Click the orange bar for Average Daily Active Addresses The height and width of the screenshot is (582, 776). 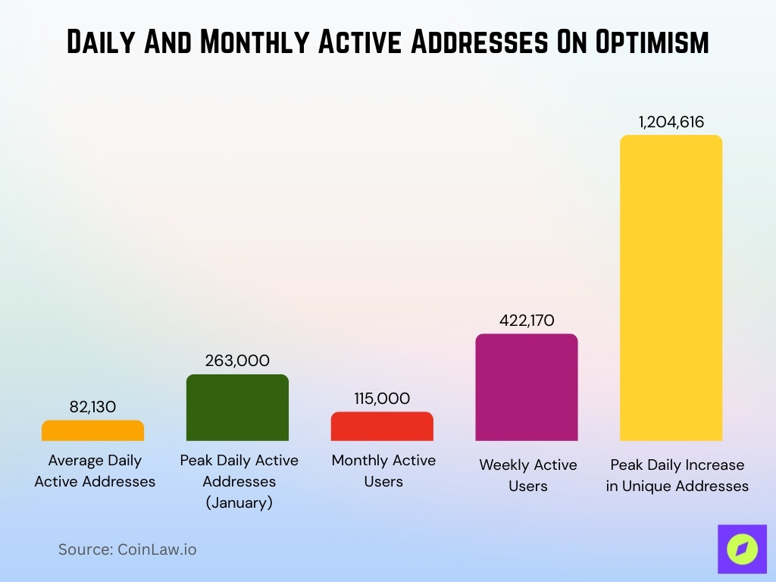[x=92, y=431]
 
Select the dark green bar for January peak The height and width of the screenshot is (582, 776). [x=237, y=408]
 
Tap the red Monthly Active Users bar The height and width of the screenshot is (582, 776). [x=382, y=427]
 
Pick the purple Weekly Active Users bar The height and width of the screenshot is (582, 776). [x=527, y=388]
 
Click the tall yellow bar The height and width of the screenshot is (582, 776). [x=671, y=288]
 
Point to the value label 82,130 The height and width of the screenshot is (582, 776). [x=92, y=407]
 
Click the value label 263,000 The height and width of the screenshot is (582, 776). [x=237, y=361]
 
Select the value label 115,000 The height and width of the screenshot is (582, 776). [x=382, y=399]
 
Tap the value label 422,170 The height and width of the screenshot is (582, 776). [x=527, y=321]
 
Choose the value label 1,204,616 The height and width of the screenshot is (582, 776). [x=671, y=122]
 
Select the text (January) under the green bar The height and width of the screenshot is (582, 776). [x=239, y=502]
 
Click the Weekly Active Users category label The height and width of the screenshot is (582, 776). [x=527, y=475]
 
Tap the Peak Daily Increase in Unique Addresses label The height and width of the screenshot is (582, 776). [x=677, y=475]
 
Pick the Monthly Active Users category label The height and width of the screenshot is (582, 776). [x=383, y=471]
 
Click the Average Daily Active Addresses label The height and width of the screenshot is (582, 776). [x=95, y=471]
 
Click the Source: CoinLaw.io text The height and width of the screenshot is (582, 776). [x=127, y=549]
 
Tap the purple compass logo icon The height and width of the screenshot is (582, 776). [x=742, y=549]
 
